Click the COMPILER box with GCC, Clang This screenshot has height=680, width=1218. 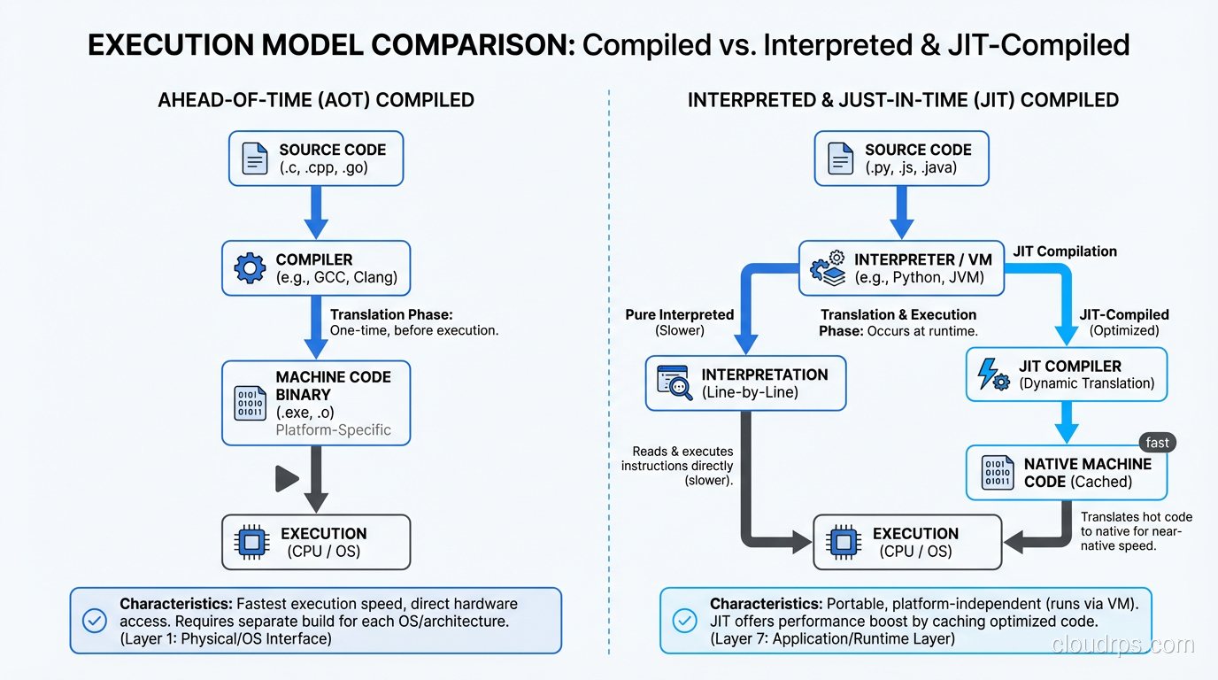[316, 268]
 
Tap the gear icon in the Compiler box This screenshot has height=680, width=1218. [250, 268]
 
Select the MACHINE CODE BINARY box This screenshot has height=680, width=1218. [316, 403]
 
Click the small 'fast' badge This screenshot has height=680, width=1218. [1157, 443]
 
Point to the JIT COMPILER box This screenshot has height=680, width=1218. [1066, 375]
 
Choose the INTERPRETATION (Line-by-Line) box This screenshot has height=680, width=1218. [745, 383]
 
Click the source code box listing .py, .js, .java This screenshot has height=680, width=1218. [901, 158]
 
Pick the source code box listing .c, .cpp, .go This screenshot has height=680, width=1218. [316, 158]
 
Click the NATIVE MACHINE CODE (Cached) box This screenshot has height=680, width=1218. [1066, 473]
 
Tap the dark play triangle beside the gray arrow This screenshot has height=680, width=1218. [286, 479]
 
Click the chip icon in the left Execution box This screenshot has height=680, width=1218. [251, 542]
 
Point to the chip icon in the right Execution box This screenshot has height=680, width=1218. [842, 542]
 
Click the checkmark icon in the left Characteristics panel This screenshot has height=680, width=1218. [95, 621]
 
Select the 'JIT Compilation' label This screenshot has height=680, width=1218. [1065, 251]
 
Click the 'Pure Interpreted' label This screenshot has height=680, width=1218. [679, 314]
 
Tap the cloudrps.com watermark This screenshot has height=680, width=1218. [1122, 645]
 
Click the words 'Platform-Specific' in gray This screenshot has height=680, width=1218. [333, 431]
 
